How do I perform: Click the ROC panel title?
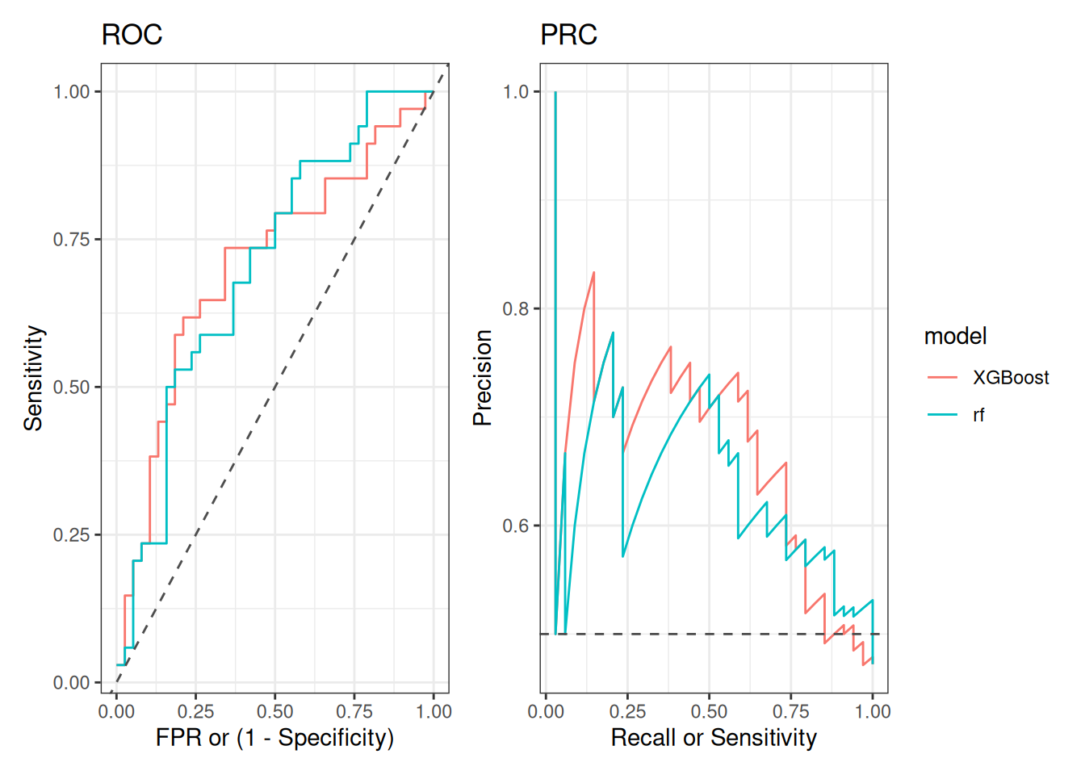pos(132,35)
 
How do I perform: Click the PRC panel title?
pos(568,35)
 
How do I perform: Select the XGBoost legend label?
pos(1010,378)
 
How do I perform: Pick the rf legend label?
pos(978,415)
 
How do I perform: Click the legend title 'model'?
pos(955,336)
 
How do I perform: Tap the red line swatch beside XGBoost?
pos(942,378)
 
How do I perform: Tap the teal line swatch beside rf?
pos(942,415)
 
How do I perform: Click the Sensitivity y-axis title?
pos(33,378)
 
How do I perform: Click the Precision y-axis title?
pos(483,378)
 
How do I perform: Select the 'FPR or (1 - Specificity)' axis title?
pos(274,737)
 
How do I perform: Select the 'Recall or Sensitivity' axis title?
pos(714,737)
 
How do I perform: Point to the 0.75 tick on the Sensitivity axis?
pos(71,240)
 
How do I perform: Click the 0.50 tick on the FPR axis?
pos(274,711)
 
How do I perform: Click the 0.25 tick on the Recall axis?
pos(627,711)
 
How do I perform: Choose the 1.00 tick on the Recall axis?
pos(873,711)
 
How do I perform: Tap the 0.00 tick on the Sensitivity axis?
pos(71,683)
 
